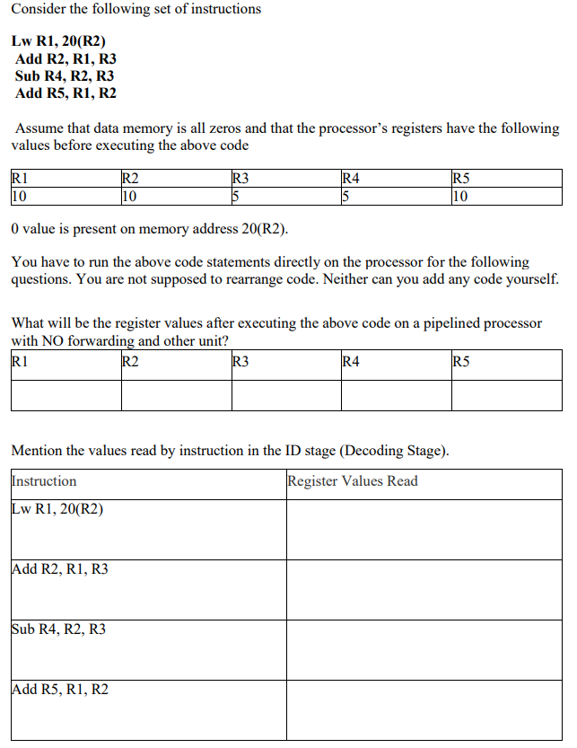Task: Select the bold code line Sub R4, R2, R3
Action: [65, 76]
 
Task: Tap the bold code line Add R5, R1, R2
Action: [66, 93]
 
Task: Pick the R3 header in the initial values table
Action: [240, 178]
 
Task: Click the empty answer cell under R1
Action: [66, 395]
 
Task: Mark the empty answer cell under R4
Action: [395, 395]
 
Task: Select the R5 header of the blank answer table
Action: [461, 363]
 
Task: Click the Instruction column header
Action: [44, 481]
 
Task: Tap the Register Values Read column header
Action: [353, 481]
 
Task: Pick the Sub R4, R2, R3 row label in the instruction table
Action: [59, 629]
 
